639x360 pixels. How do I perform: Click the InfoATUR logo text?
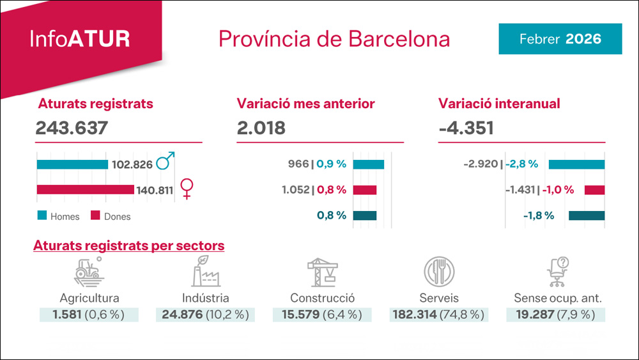pos(80,39)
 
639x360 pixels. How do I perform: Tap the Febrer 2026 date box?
pos(560,39)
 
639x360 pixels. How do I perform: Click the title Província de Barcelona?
pos(334,39)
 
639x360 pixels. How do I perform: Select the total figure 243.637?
pos(72,128)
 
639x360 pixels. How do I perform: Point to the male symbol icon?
pos(166,162)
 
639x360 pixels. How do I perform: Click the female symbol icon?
pos(187,189)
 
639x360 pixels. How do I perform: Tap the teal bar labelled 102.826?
pos(72,164)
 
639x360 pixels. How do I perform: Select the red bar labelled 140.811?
pos(86,189)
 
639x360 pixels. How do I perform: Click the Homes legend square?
pos(42,216)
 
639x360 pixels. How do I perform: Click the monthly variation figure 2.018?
pos(261,128)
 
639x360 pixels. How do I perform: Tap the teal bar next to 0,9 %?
pos(368,164)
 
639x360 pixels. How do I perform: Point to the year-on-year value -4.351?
pos(466,128)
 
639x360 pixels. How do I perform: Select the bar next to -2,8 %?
pos(576,164)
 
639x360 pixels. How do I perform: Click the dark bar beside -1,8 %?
pos(587,215)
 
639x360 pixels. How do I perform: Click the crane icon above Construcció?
pos(323,272)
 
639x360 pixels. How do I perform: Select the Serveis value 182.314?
pos(413,315)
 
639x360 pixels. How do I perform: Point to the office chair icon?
pos(558,272)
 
